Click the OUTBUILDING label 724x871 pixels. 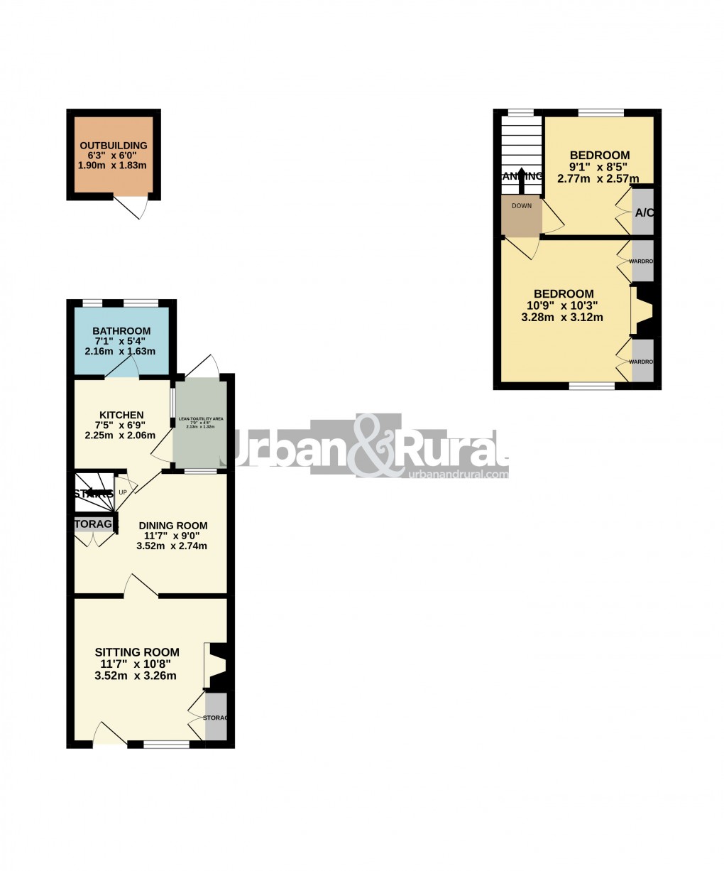[x=113, y=146]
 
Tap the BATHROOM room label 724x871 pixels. [x=121, y=331]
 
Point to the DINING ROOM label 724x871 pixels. [x=172, y=526]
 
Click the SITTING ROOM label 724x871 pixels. [x=137, y=652]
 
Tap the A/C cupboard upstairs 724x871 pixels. [x=643, y=212]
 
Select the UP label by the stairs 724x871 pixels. [x=123, y=492]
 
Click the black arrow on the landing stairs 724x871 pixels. [x=522, y=180]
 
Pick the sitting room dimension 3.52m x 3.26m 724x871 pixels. [x=135, y=676]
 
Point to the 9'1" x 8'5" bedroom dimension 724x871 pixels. [x=600, y=168]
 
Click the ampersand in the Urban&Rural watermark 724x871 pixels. [x=378, y=445]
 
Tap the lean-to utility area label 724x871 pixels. [x=201, y=419]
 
